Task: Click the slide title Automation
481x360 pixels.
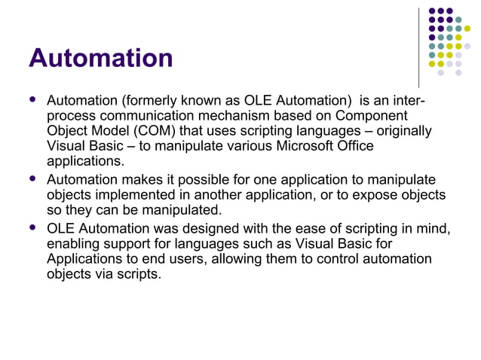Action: pos(100,57)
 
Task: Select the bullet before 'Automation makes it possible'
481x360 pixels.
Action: pos(32,180)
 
